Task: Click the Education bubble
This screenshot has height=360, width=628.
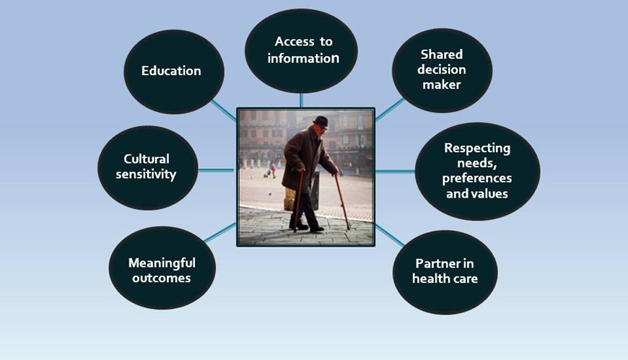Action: (x=174, y=71)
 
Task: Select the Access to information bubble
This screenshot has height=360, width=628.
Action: (x=301, y=51)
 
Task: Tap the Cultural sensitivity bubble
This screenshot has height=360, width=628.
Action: (x=148, y=168)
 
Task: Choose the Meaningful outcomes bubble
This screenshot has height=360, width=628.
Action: (x=162, y=268)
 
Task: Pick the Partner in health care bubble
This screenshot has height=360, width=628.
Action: (x=445, y=272)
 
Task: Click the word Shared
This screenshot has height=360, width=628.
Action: (x=442, y=54)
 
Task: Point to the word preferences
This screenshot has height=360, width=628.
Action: (x=477, y=178)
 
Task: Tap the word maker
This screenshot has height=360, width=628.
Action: (x=442, y=84)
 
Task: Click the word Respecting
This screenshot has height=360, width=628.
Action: (x=477, y=148)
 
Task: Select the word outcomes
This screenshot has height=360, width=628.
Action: (x=162, y=278)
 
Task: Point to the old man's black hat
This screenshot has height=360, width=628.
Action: (x=320, y=121)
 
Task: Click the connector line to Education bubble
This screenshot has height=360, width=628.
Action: (x=224, y=110)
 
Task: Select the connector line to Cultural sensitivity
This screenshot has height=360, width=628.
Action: (x=217, y=170)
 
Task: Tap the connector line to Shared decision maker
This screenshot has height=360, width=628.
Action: (x=390, y=109)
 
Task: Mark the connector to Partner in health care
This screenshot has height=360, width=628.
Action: (x=390, y=235)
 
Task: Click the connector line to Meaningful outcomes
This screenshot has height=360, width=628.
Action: (x=220, y=232)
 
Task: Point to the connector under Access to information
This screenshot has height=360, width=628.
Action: (x=301, y=100)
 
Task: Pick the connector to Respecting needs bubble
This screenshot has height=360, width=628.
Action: (x=396, y=171)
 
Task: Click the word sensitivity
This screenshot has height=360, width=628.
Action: (x=146, y=175)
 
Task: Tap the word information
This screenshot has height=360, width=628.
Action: (x=303, y=58)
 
